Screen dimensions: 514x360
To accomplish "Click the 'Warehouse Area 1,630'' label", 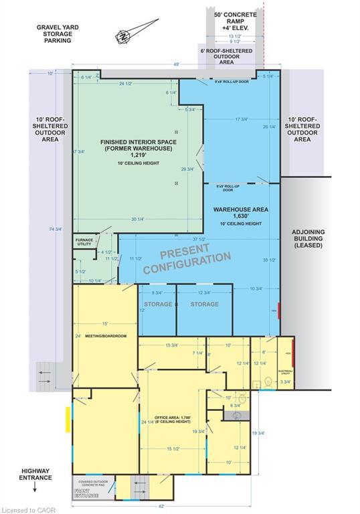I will (x=241, y=213).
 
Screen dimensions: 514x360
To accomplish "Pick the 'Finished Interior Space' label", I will (x=137, y=151).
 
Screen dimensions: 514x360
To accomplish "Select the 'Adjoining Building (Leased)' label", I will (x=307, y=239).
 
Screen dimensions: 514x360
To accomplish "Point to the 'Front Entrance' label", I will (x=85, y=495).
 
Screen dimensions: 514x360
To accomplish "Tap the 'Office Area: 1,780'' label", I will (x=170, y=421).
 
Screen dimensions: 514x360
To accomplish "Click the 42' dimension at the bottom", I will (x=161, y=507).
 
